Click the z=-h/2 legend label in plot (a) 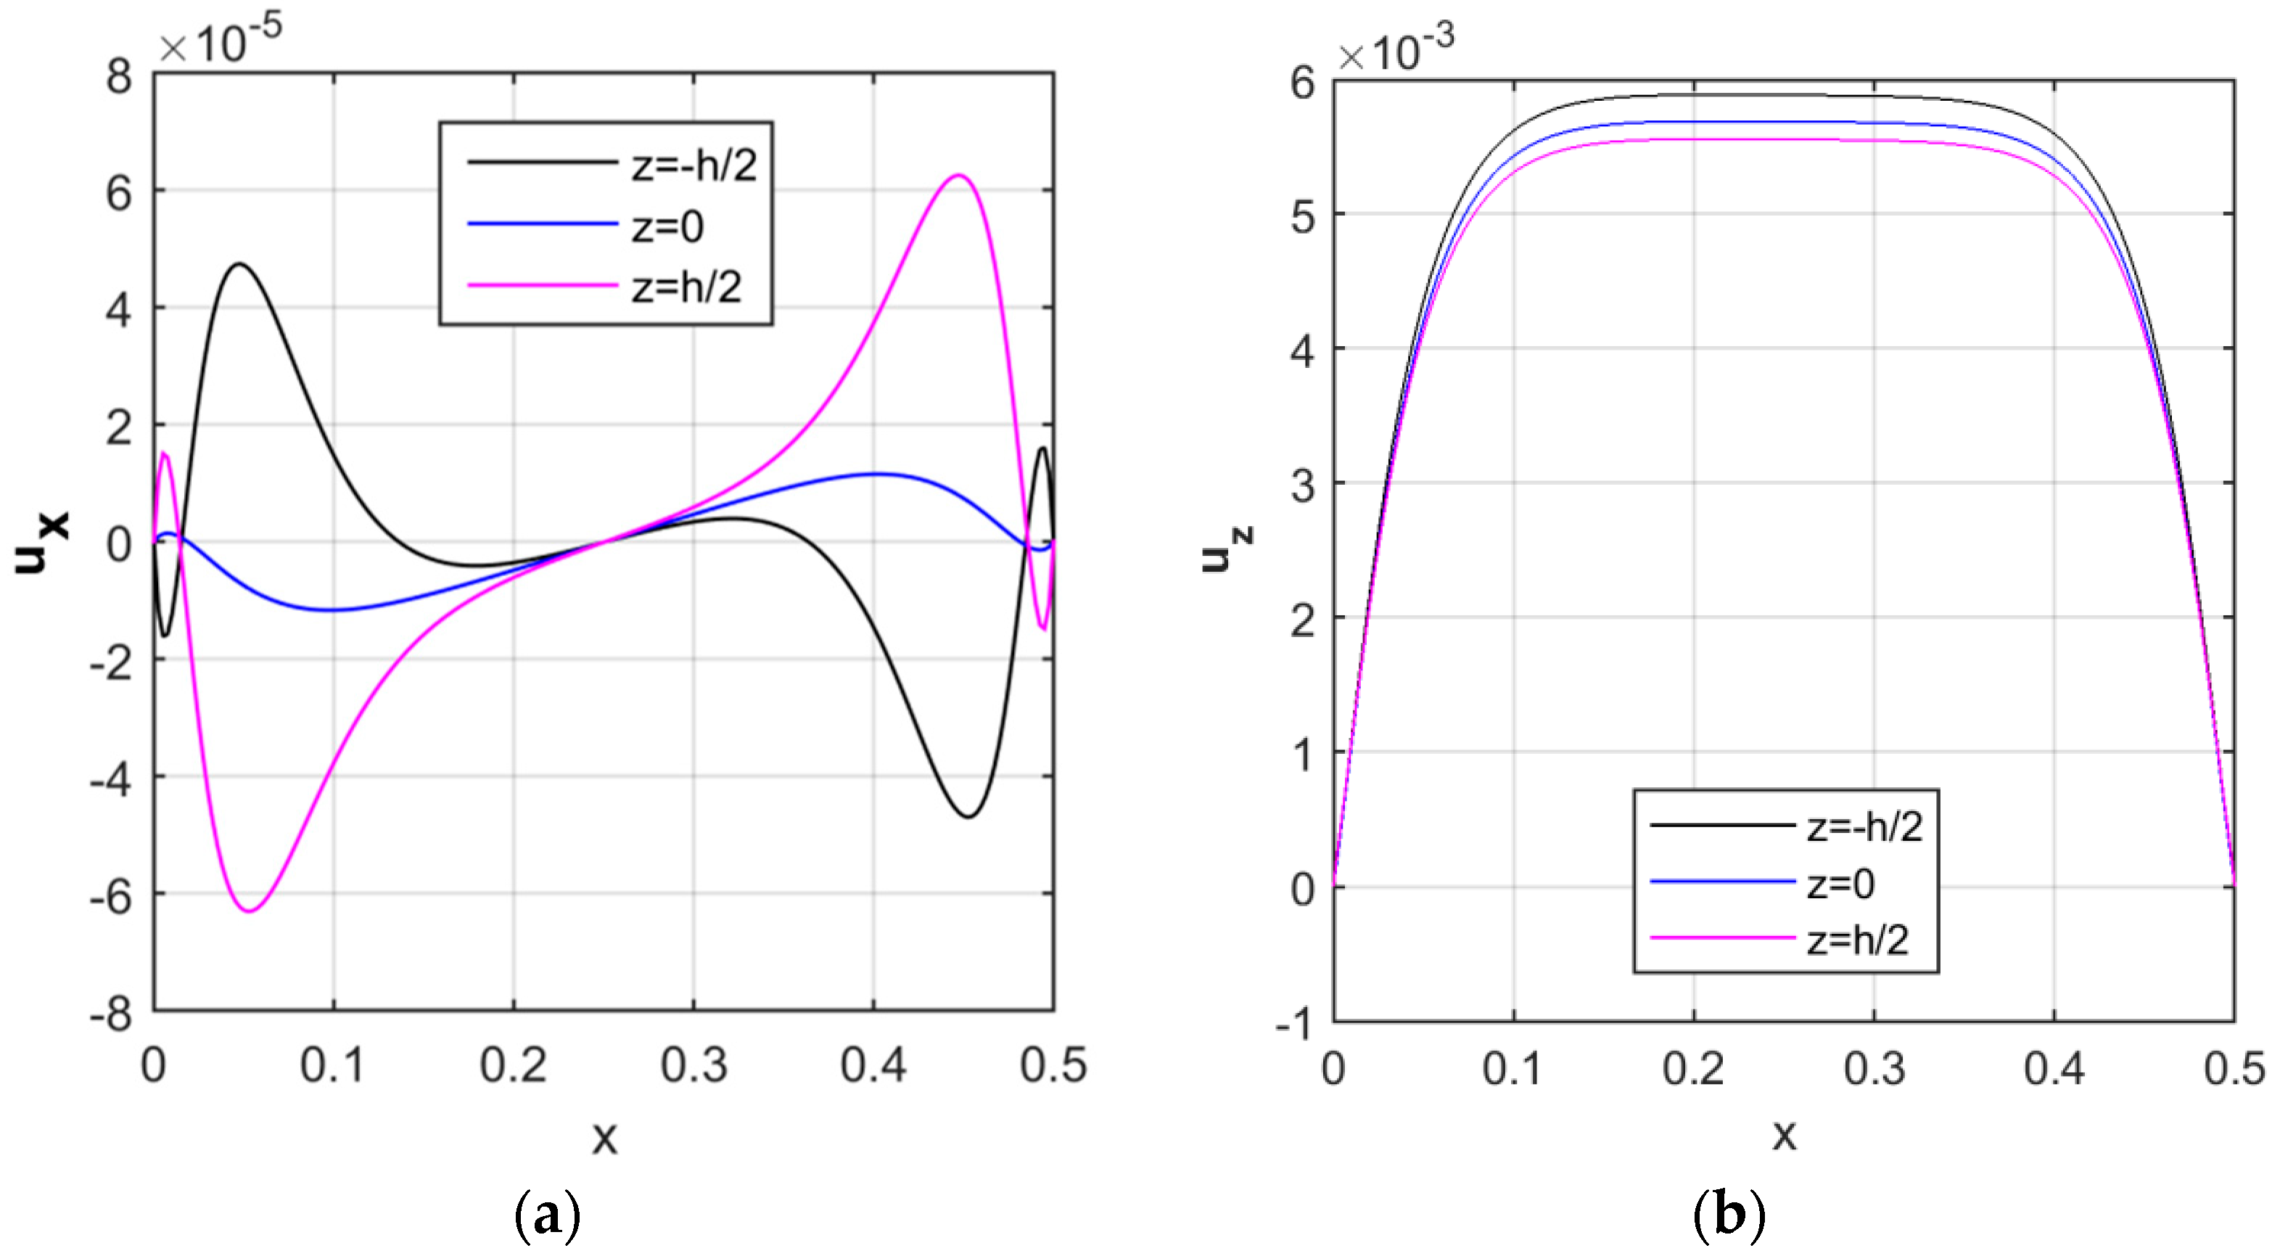tap(694, 165)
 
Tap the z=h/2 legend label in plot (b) tap(1857, 940)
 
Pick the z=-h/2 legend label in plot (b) tap(1864, 826)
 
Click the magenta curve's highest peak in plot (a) tap(958, 176)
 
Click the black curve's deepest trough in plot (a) tap(969, 816)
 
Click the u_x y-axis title tap(41, 543)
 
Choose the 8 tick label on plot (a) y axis tap(118, 76)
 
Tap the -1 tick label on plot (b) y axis tap(1293, 1024)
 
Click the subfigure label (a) tap(547, 1215)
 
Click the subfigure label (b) tap(1729, 1215)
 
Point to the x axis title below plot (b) tap(1785, 1134)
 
